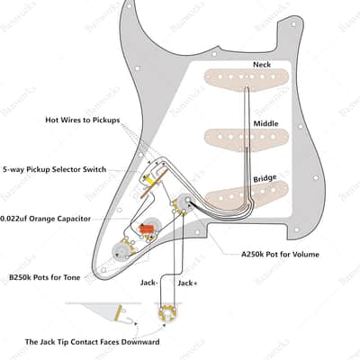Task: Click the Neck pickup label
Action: pyautogui.click(x=262, y=65)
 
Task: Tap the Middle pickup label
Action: pyautogui.click(x=265, y=123)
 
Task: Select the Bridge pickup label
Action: pyautogui.click(x=265, y=178)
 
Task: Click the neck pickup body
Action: pyautogui.click(x=247, y=77)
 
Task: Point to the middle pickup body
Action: pyautogui.click(x=247, y=138)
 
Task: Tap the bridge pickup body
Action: pyautogui.click(x=247, y=194)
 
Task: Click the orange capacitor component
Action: pyautogui.click(x=146, y=229)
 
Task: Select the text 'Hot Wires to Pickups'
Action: pyautogui.click(x=83, y=120)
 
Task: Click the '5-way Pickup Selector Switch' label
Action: pyautogui.click(x=55, y=169)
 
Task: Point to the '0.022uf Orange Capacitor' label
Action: pyautogui.click(x=46, y=219)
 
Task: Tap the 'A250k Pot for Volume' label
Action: pyautogui.click(x=280, y=255)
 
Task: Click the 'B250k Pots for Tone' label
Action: pyautogui.click(x=45, y=277)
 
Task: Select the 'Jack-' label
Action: pyautogui.click(x=148, y=283)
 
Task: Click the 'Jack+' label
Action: pyautogui.click(x=187, y=283)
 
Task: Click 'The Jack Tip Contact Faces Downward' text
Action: pyautogui.click(x=93, y=342)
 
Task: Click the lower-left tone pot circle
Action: pyautogui.click(x=121, y=251)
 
